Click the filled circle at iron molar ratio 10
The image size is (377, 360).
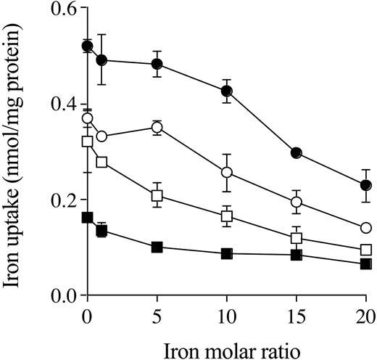(x=227, y=91)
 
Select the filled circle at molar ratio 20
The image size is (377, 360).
(x=366, y=185)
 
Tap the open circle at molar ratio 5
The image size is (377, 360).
(x=157, y=128)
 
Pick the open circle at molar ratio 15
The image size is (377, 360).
(x=296, y=202)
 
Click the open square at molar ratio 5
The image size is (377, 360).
(x=157, y=195)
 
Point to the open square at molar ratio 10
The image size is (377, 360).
(x=227, y=216)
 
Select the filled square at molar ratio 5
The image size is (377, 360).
(x=157, y=247)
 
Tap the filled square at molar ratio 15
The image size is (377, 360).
(x=296, y=255)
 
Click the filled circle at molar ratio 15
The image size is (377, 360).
(x=296, y=153)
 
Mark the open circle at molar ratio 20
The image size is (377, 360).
(x=366, y=228)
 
